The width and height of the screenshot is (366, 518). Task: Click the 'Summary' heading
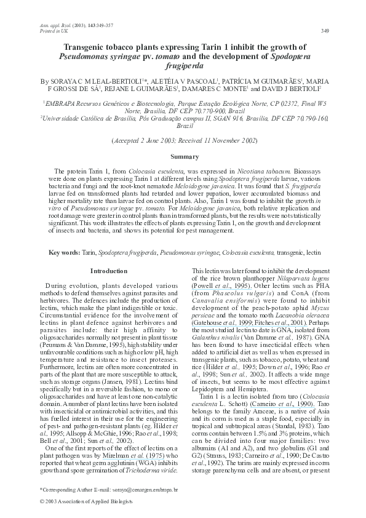click(183, 158)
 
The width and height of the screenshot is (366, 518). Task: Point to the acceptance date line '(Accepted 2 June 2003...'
click(183, 140)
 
